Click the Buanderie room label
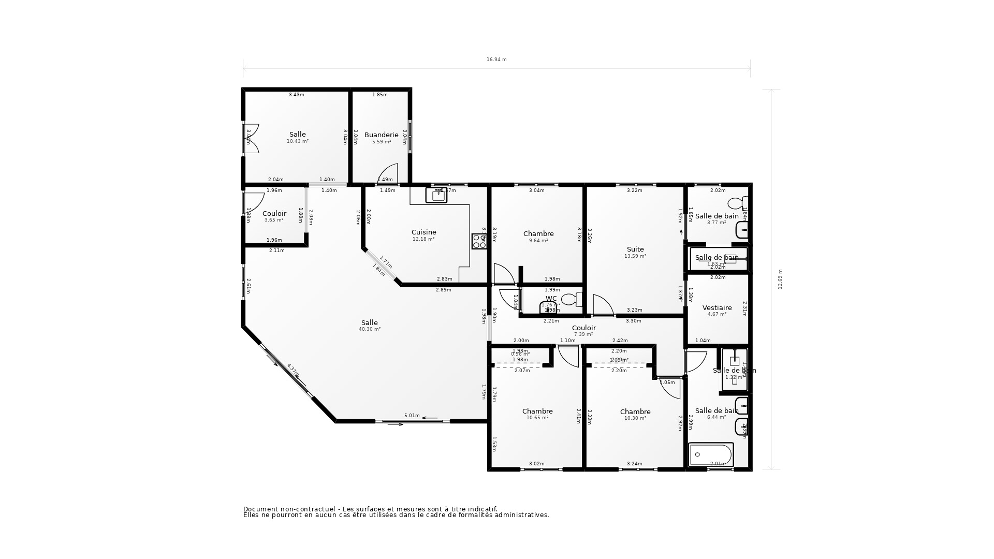(x=381, y=135)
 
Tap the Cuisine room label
(x=423, y=232)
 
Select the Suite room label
(x=635, y=249)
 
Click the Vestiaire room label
(x=717, y=308)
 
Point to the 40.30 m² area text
(x=370, y=329)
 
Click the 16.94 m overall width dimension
(x=496, y=60)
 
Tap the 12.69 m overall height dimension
(x=780, y=279)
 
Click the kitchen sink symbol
(x=436, y=195)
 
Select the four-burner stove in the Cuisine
(x=479, y=241)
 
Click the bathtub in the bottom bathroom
(x=711, y=454)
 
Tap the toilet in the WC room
(x=571, y=299)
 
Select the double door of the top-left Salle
(x=251, y=138)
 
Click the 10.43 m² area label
(x=298, y=141)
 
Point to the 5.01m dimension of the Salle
(x=412, y=416)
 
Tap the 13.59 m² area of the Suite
(x=635, y=256)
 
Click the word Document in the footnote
(x=260, y=509)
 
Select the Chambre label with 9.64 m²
(x=538, y=234)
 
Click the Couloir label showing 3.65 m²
(x=274, y=214)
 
